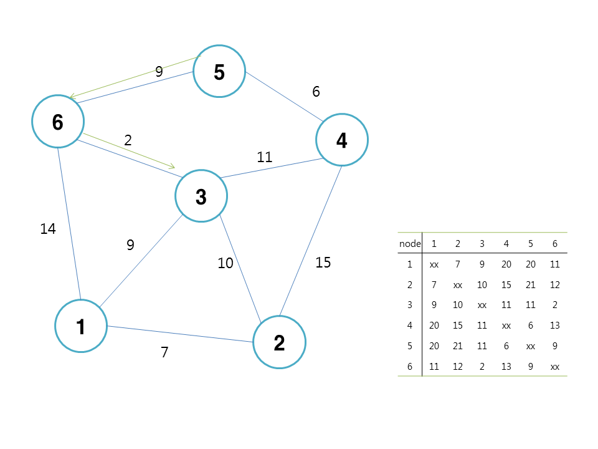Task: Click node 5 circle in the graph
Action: (219, 71)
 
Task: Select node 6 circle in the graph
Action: (58, 122)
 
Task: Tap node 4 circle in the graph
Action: (342, 140)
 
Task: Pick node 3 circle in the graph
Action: (201, 196)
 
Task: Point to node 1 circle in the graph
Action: (81, 326)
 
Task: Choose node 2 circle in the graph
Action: (280, 342)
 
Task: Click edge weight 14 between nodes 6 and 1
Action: (48, 229)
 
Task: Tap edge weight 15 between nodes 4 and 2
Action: (323, 263)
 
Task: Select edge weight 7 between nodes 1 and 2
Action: (164, 352)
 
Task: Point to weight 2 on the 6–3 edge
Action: (128, 140)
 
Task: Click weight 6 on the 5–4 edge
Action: (316, 92)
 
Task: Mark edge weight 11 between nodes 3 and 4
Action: (265, 157)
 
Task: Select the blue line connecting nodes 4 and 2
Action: (310, 241)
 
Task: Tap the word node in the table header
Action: (410, 243)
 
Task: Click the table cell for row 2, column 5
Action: (530, 285)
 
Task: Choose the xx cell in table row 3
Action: (482, 306)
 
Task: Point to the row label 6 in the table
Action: (410, 367)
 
